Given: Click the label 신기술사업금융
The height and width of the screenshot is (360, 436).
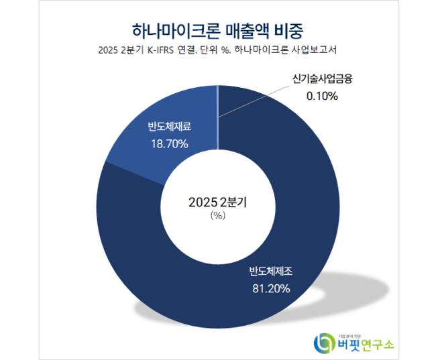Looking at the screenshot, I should (323, 78).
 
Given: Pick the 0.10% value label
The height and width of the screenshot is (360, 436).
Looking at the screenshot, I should (323, 96).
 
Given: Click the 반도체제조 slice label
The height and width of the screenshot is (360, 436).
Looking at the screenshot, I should (271, 272).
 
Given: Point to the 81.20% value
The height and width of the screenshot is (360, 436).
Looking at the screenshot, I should (270, 290).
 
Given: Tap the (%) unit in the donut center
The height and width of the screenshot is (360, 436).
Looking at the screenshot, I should (219, 215).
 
